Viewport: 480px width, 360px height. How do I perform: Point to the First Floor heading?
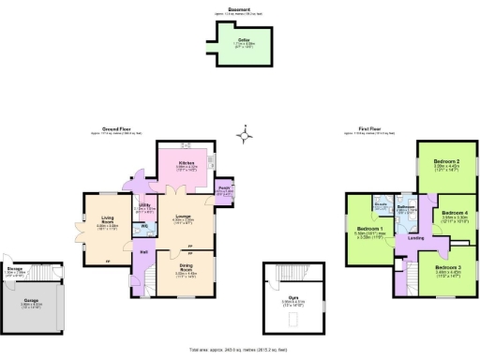pyautogui.click(x=368, y=128)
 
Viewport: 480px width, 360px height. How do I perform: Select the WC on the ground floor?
pyautogui.click(x=146, y=226)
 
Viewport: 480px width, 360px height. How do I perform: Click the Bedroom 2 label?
pyautogui.click(x=446, y=162)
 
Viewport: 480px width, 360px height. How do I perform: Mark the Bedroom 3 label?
pyautogui.click(x=446, y=269)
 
